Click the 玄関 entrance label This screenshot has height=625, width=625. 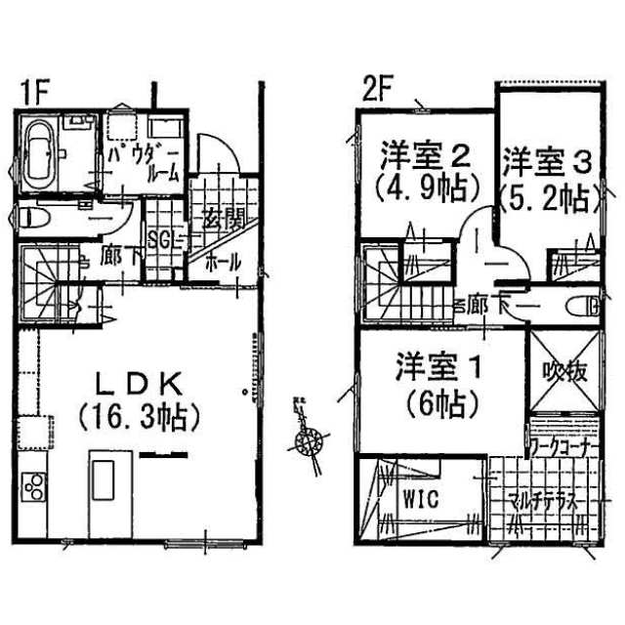click(x=223, y=219)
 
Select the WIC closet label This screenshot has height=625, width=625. click(x=421, y=497)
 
